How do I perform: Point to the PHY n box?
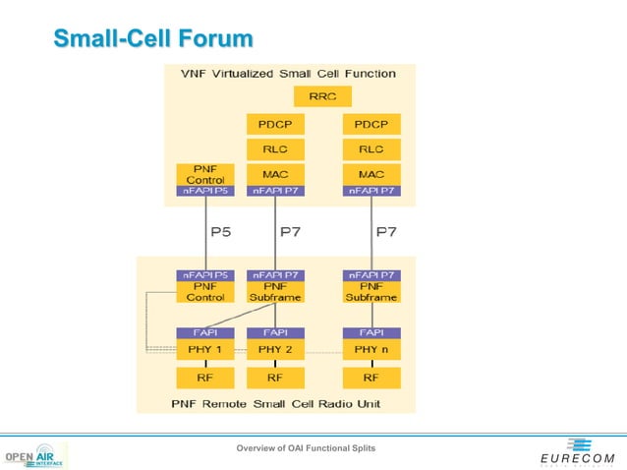click(x=370, y=349)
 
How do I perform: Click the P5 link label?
click(x=222, y=232)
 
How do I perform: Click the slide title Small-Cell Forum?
click(x=152, y=39)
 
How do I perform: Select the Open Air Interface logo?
click(x=36, y=457)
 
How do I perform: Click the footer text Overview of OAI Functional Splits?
click(x=305, y=449)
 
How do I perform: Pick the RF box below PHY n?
click(x=370, y=378)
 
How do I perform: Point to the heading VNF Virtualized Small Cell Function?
click(x=288, y=74)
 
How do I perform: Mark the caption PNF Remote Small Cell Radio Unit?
click(x=275, y=404)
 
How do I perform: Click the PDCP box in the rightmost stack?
click(x=370, y=125)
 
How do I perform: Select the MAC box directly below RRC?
click(x=274, y=174)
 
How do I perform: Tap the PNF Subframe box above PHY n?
click(x=370, y=292)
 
